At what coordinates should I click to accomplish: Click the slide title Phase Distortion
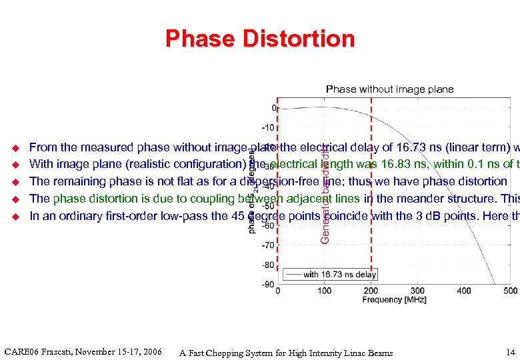pos(260,39)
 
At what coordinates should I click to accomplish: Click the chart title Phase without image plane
pos(389,89)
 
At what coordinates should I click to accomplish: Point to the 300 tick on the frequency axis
pos(417,291)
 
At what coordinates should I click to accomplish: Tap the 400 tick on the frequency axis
pos(464,291)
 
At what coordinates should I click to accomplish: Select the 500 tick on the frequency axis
pos(511,291)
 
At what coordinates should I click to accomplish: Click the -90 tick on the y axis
pos(268,284)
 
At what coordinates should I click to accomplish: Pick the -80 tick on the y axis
pos(268,265)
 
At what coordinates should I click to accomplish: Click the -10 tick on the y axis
pos(268,127)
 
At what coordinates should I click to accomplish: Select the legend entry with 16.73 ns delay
pos(339,274)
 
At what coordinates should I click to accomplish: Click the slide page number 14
pos(511,352)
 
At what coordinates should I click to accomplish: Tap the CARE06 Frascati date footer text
pos(83,351)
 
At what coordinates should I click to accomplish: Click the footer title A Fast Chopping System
pos(286,353)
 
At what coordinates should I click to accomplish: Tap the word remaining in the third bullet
pos(79,181)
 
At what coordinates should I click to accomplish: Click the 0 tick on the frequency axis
pos(277,291)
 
